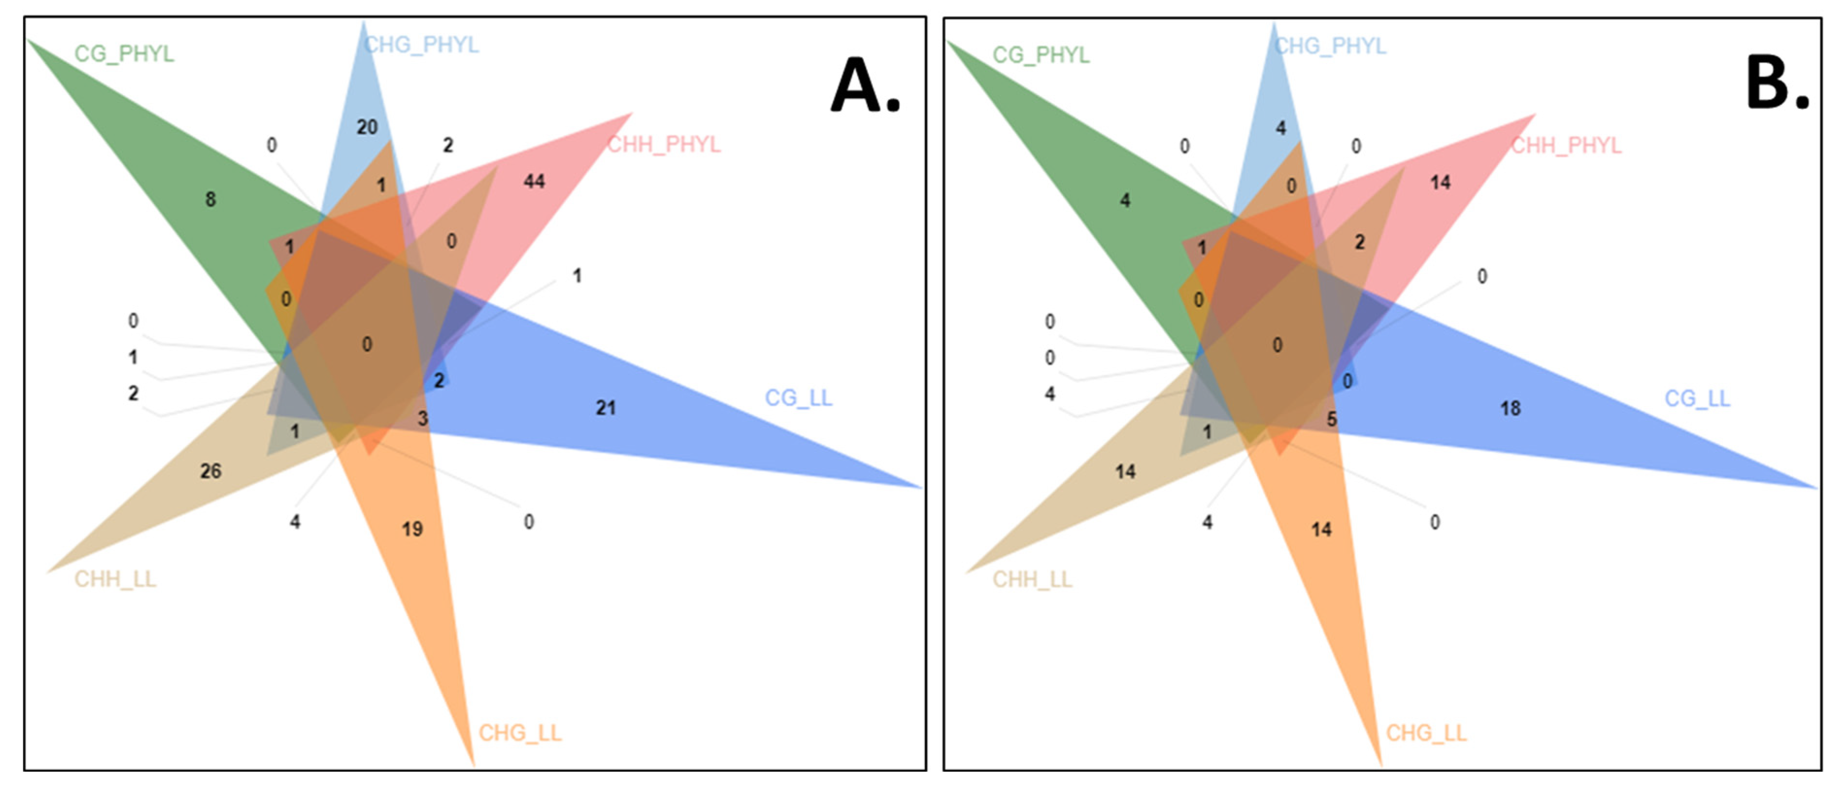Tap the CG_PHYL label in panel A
pyautogui.click(x=124, y=54)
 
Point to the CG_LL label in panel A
pyautogui.click(x=798, y=398)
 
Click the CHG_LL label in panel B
pyautogui.click(x=1426, y=733)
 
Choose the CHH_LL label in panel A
pyautogui.click(x=115, y=579)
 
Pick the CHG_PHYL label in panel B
pyautogui.click(x=1330, y=46)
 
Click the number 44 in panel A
pyautogui.click(x=534, y=181)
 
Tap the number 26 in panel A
pyautogui.click(x=210, y=471)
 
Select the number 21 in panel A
pyautogui.click(x=605, y=408)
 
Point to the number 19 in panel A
pyautogui.click(x=412, y=529)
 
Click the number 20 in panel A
pyautogui.click(x=367, y=127)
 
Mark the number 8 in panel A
pyautogui.click(x=210, y=199)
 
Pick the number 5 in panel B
pyautogui.click(x=1331, y=419)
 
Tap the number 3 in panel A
pyautogui.click(x=423, y=418)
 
